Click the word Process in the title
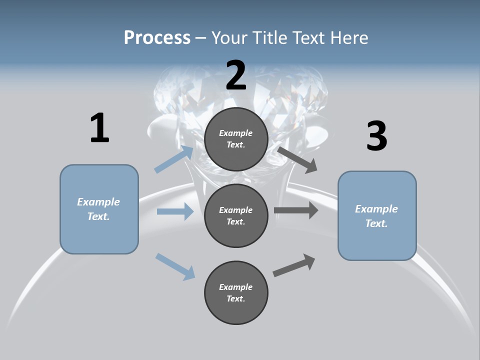click(157, 37)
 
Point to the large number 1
click(99, 128)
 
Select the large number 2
click(236, 75)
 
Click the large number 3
click(376, 136)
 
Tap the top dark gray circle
click(236, 139)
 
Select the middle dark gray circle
click(236, 215)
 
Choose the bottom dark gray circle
click(236, 292)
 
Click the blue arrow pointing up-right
click(174, 159)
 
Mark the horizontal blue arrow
click(175, 211)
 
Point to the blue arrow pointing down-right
click(175, 266)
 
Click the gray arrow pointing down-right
click(297, 159)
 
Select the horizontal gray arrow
click(296, 210)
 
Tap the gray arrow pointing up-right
click(294, 265)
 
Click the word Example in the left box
click(98, 202)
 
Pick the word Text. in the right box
click(376, 223)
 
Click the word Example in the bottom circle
click(236, 287)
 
